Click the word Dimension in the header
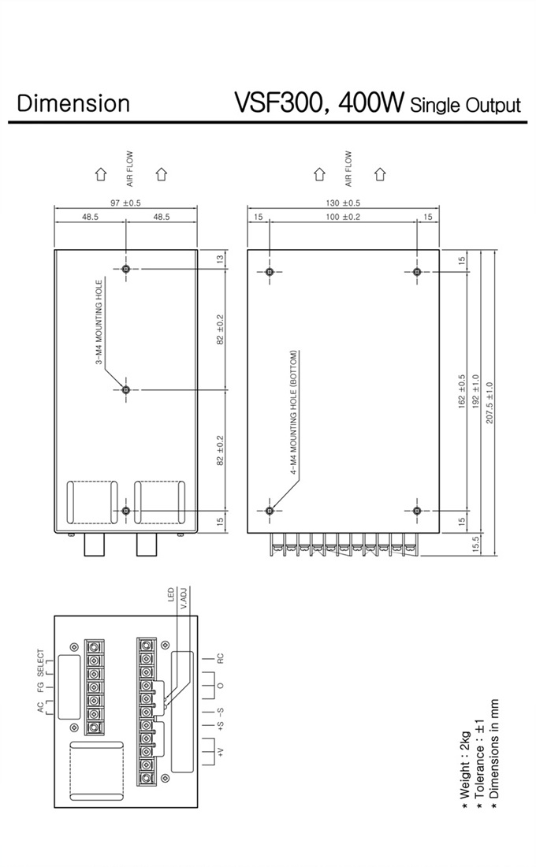tap(73, 103)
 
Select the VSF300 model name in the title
tap(277, 102)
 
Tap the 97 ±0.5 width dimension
tap(125, 203)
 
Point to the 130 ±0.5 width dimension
tap(343, 203)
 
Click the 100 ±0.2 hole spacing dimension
tap(343, 217)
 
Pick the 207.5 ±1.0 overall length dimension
tap(489, 403)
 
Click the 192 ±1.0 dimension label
tap(476, 396)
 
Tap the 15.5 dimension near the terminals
tap(476, 545)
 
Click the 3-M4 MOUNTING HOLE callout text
tap(99, 322)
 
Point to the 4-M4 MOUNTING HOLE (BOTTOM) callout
tap(294, 413)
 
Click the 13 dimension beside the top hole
tap(220, 259)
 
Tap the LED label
tap(171, 595)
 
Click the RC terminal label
tap(221, 659)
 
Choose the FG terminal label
tap(40, 687)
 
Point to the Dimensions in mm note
tap(494, 756)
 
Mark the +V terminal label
tap(221, 751)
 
